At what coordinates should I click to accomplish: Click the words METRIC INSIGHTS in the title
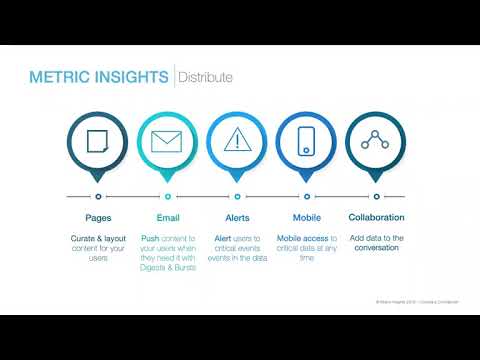click(x=99, y=77)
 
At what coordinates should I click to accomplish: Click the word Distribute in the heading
click(x=206, y=77)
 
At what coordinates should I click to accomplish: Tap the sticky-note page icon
click(x=98, y=140)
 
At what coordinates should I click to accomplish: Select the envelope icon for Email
click(x=167, y=140)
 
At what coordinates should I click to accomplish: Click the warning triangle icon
click(x=237, y=140)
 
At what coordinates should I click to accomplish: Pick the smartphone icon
click(x=306, y=140)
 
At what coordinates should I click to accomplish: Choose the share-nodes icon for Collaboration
click(x=376, y=140)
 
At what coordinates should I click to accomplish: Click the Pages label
click(x=98, y=217)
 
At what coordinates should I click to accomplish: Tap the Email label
click(x=167, y=217)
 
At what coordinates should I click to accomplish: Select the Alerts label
click(x=237, y=217)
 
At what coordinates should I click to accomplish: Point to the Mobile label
click(x=306, y=217)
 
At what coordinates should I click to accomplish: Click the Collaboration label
click(x=376, y=217)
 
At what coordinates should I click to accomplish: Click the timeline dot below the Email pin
click(x=167, y=196)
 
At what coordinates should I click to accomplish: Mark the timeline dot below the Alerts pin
click(x=237, y=196)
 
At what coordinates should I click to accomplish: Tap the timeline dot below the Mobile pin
click(x=306, y=196)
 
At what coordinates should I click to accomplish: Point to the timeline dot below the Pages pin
click(x=98, y=196)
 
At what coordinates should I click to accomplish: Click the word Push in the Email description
click(x=150, y=239)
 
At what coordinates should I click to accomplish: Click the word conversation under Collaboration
click(x=376, y=248)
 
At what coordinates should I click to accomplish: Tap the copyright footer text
click(x=410, y=300)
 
